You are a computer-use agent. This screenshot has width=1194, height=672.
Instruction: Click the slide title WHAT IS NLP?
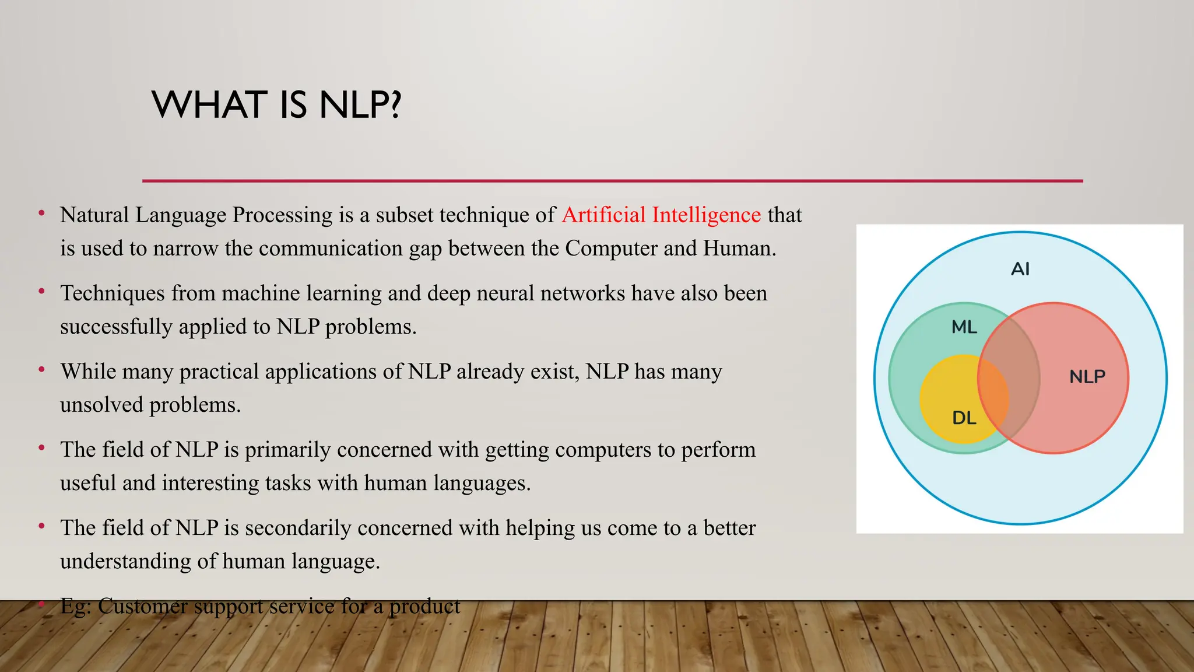point(276,105)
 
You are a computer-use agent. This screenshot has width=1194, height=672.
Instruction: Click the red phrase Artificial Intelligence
point(661,215)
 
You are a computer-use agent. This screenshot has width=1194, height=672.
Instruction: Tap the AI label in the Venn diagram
point(1020,269)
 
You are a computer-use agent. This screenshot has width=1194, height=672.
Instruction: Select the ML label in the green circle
point(964,327)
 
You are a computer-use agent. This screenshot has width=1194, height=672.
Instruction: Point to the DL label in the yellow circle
point(964,418)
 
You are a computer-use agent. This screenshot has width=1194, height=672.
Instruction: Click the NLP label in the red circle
point(1087,376)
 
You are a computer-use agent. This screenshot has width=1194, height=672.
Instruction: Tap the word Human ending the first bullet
point(738,249)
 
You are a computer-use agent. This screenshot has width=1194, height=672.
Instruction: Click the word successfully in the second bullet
point(116,327)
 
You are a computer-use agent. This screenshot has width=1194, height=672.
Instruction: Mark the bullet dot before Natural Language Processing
point(41,213)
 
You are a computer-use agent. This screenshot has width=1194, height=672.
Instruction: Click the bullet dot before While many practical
point(41,370)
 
